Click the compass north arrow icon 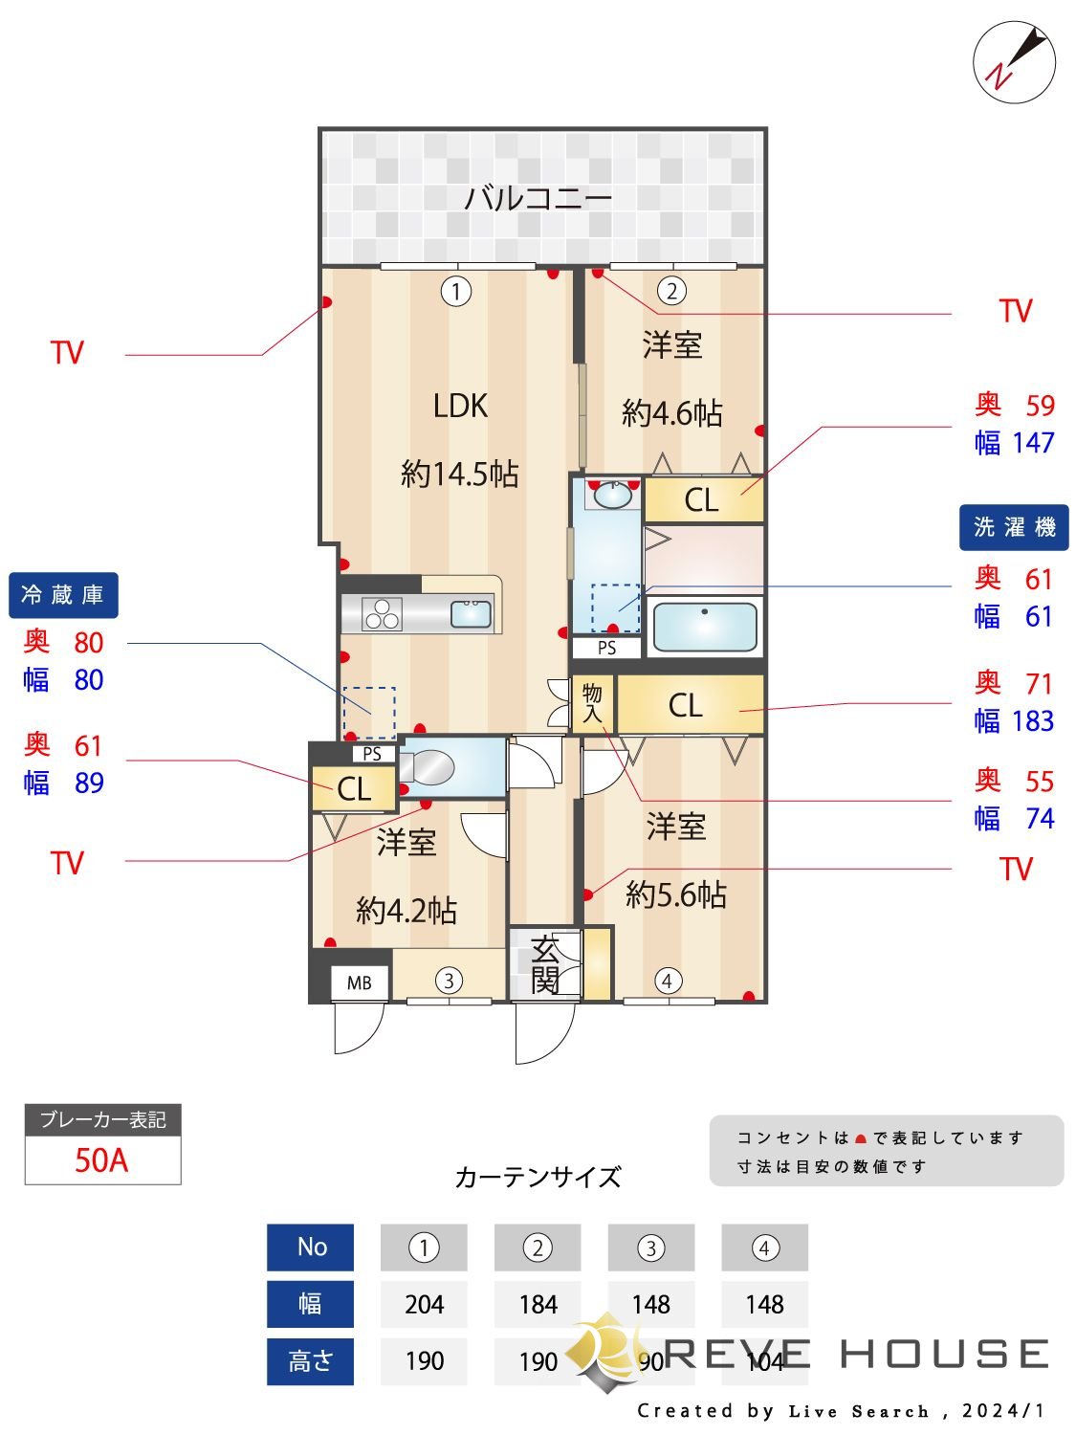1014,62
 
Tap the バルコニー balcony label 538,198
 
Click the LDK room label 460,406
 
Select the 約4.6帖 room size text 671,413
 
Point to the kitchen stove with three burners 382,613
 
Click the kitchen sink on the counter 471,613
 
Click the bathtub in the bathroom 704,627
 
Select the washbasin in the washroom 612,495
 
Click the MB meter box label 360,982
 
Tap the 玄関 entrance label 544,965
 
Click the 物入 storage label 592,703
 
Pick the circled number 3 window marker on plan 449,980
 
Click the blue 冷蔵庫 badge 63,595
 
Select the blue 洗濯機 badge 1014,527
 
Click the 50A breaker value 101,1160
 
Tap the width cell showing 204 424,1304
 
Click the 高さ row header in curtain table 310,1360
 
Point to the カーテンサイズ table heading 538,1177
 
